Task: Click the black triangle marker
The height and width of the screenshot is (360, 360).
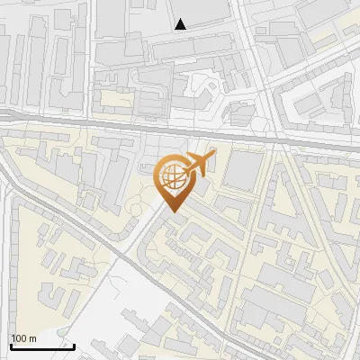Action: [x=181, y=24]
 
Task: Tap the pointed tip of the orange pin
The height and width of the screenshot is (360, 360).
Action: [x=172, y=211]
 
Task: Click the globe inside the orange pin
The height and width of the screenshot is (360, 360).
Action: [x=172, y=176]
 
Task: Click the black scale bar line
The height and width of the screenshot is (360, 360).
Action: [x=42, y=346]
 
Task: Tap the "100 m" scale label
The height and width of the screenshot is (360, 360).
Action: [x=24, y=338]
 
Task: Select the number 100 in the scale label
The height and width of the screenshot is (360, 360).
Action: [x=20, y=338]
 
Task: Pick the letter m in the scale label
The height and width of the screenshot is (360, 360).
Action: [x=32, y=338]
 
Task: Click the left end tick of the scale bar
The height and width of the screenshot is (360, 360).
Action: [x=10, y=344]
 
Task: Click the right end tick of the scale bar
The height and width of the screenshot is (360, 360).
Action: [x=74, y=344]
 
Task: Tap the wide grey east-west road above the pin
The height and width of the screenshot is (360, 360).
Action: [x=90, y=122]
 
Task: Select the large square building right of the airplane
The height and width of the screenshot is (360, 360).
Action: [x=241, y=171]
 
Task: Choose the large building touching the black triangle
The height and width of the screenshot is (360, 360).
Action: [x=202, y=11]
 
